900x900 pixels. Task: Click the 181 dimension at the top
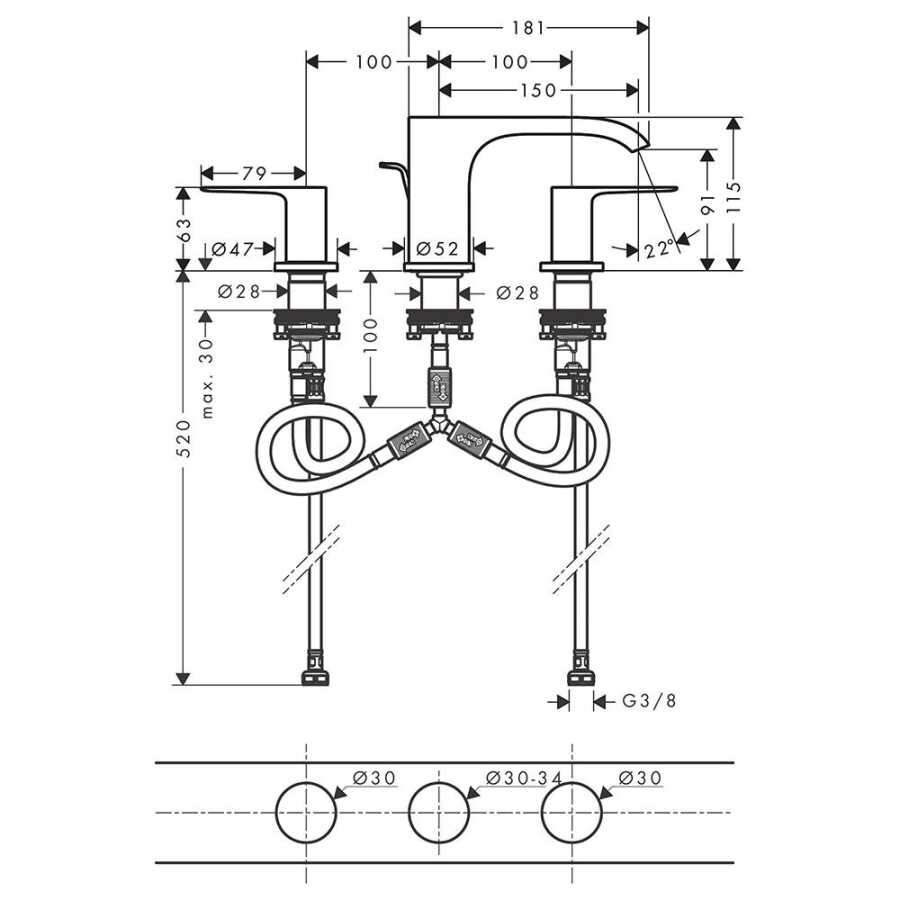(x=527, y=28)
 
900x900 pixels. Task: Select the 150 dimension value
(x=538, y=90)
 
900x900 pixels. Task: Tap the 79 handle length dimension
(x=254, y=173)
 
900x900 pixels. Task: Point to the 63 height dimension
(x=183, y=230)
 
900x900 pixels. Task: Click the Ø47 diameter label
(x=232, y=249)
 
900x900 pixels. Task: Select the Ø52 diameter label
(x=437, y=249)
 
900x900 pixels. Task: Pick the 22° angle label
(x=658, y=249)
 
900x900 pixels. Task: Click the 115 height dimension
(x=733, y=197)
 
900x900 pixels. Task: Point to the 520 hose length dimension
(x=183, y=438)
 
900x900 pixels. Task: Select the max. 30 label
(x=207, y=378)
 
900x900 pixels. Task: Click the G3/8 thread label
(x=649, y=701)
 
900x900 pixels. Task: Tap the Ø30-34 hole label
(x=524, y=778)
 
